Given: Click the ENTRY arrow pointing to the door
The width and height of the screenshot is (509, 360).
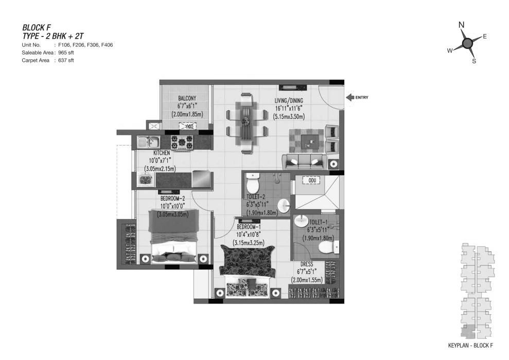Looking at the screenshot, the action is click(350, 97).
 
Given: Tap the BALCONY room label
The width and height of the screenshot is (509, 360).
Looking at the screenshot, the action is click(187, 98).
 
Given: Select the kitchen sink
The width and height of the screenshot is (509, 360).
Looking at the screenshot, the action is click(148, 142).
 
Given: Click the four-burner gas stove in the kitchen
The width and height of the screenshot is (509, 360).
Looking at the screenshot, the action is click(182, 142).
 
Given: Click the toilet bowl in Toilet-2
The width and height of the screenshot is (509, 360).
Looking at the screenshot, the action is click(252, 184).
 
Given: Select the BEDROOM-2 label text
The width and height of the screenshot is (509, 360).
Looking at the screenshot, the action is click(172, 198).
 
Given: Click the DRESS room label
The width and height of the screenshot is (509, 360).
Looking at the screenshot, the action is click(306, 264).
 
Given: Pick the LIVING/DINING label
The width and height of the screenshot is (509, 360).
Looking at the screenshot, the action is click(289, 101).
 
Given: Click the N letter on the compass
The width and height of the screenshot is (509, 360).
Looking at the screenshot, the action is click(461, 25).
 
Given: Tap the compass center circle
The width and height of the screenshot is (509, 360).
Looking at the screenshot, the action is click(467, 43).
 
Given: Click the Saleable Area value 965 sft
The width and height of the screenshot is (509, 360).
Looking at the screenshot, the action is click(66, 52).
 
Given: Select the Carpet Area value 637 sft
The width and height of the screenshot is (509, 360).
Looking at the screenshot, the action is click(66, 60).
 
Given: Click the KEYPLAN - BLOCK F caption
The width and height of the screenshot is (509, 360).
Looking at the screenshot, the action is click(470, 346).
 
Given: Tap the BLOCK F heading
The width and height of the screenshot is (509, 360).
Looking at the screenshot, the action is click(37, 27).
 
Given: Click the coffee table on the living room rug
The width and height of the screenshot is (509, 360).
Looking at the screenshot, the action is click(310, 142).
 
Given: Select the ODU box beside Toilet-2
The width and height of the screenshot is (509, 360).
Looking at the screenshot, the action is click(312, 181).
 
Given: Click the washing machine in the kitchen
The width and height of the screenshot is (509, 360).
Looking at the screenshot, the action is click(145, 179).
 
